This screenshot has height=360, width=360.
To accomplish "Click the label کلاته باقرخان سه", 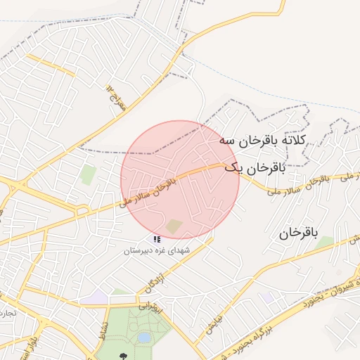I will (264, 141).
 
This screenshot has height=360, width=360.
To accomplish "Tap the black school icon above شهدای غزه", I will (157, 240).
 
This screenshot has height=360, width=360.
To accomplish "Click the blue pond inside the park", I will (144, 338).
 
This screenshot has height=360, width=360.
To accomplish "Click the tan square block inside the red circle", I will (174, 226).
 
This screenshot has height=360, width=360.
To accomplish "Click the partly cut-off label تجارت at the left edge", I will (6, 311).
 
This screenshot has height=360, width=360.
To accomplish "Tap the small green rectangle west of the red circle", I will (88, 174).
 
